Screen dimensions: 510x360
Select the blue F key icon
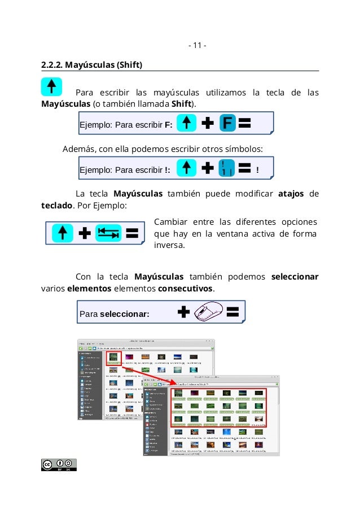pos(226,123)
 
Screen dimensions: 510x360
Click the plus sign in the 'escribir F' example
pos(208,123)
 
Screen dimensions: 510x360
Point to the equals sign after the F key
pos(245,123)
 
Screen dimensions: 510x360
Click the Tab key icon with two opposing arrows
pos(108,233)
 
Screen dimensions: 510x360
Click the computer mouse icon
pos(209,311)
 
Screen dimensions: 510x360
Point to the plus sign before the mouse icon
pos(183,312)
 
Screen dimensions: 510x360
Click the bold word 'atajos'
pos(291,194)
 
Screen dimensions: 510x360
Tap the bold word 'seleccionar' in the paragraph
pos(295,277)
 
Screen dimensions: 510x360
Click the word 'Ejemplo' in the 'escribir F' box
pos(95,125)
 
